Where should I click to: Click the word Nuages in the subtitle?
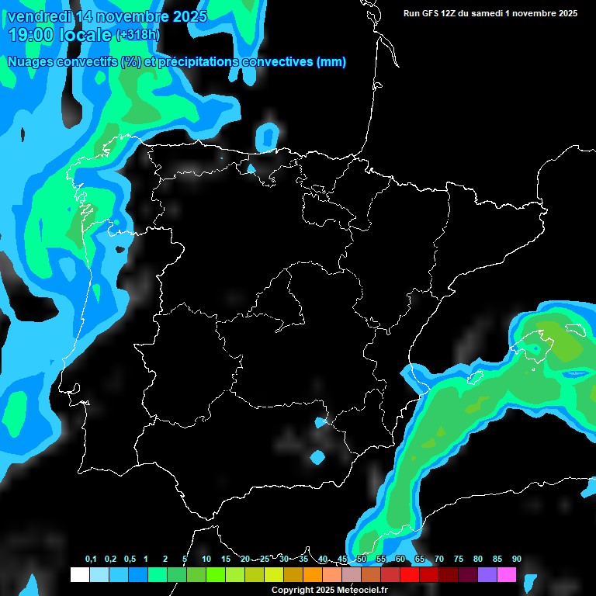point(29,61)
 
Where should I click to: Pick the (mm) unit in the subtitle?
point(331,61)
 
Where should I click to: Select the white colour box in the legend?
point(79,575)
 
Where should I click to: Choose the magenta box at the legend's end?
point(506,575)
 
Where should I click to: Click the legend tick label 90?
point(517,559)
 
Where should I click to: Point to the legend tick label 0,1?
point(91,559)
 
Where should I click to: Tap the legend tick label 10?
point(206,559)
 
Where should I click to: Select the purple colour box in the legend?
point(487,575)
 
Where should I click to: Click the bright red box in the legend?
point(409,575)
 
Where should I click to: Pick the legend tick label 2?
point(165,559)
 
